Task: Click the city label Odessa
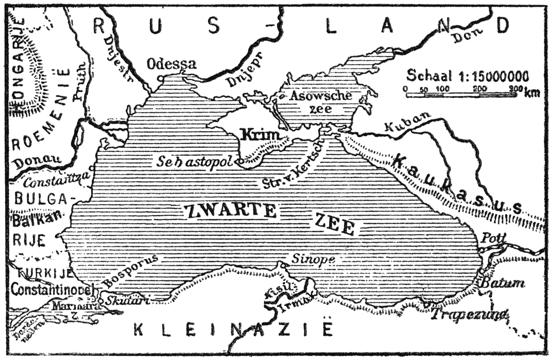(172, 64)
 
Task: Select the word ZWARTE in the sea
(230, 211)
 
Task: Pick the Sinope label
(313, 259)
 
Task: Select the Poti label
(494, 238)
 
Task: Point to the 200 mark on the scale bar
(479, 89)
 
